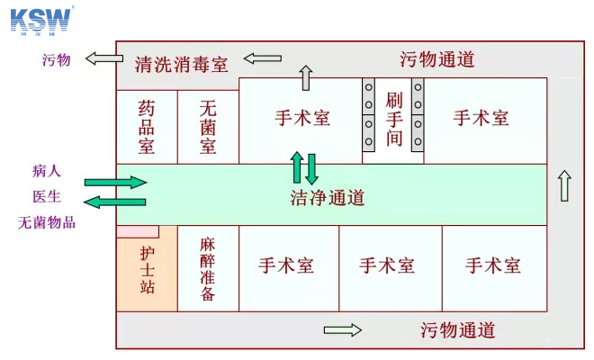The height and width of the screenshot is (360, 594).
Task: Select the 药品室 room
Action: click(x=147, y=127)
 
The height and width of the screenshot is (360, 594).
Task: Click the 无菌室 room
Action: click(x=208, y=127)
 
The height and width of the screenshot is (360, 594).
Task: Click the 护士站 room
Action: click(x=147, y=269)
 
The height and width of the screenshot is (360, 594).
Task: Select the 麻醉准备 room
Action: click(x=208, y=268)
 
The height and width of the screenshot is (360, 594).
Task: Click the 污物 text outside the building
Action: click(x=56, y=60)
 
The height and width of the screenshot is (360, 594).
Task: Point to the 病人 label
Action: click(x=47, y=170)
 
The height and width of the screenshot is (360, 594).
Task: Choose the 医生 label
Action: click(x=47, y=196)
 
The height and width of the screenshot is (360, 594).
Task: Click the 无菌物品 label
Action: click(x=47, y=222)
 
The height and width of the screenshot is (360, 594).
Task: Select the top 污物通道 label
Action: click(x=436, y=60)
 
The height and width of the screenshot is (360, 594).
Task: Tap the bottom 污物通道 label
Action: click(x=457, y=330)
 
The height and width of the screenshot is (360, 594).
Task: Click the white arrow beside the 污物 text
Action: click(x=104, y=59)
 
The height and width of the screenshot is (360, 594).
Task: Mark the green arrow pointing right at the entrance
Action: click(x=115, y=183)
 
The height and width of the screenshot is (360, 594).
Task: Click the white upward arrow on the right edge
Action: click(x=564, y=185)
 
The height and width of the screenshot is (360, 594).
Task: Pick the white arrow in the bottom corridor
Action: click(x=342, y=330)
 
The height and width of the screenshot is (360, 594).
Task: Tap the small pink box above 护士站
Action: click(x=138, y=231)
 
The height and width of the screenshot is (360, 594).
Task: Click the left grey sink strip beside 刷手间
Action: click(x=369, y=115)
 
